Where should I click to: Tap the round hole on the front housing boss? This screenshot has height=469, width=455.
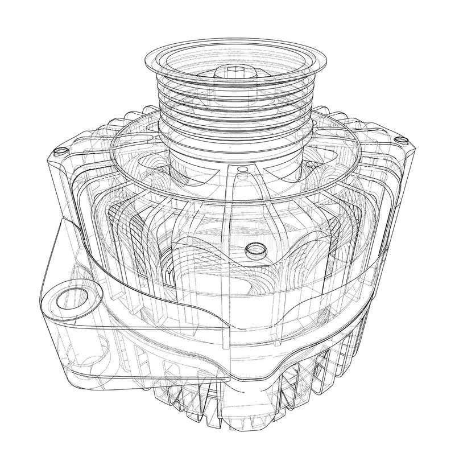[x=253, y=250]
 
